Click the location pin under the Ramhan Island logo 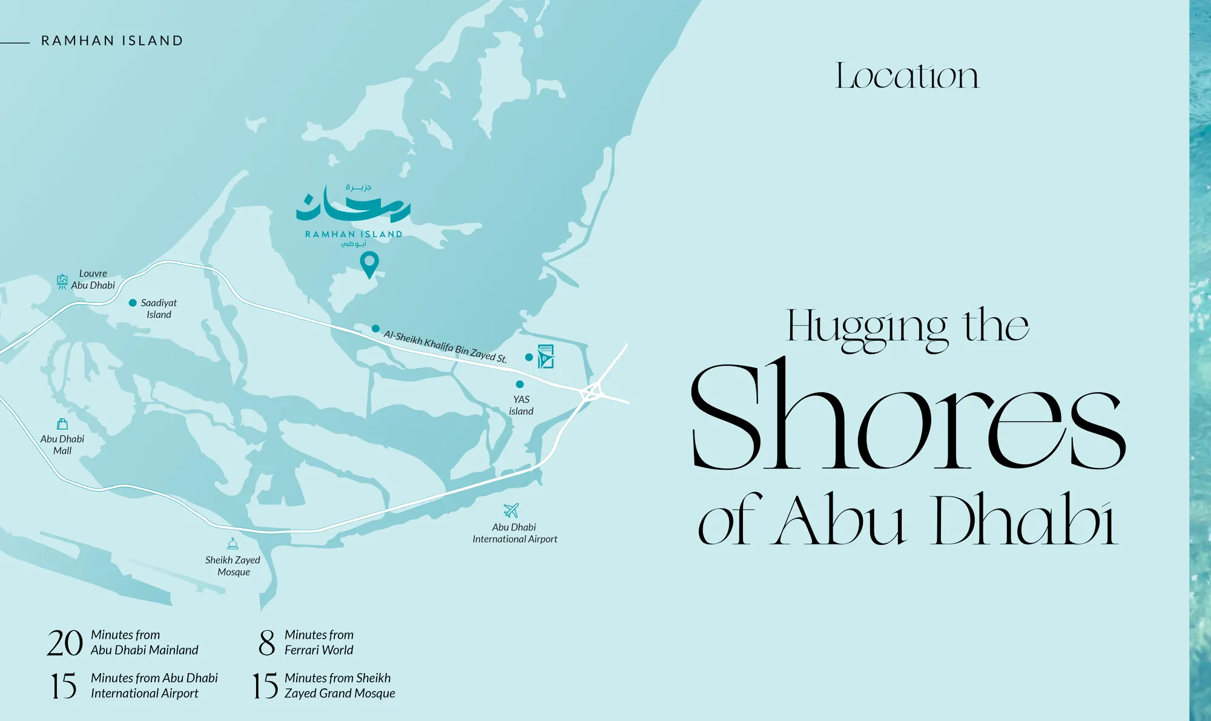click(369, 264)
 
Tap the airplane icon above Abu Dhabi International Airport click(511, 510)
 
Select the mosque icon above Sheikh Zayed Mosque click(233, 543)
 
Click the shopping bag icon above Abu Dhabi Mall click(62, 424)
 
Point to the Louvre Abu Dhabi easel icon click(62, 281)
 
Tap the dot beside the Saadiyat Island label click(133, 303)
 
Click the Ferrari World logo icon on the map click(546, 357)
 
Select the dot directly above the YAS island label click(520, 384)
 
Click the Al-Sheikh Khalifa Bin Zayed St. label click(445, 346)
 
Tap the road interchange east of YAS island click(593, 392)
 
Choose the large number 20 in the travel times click(65, 643)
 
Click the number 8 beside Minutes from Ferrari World click(266, 643)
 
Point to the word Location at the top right click(906, 76)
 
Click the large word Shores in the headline click(907, 418)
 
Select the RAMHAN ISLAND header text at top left click(112, 41)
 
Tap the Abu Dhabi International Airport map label click(515, 533)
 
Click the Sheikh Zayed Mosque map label click(233, 566)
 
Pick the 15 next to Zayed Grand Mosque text click(265, 686)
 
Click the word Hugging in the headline click(866, 328)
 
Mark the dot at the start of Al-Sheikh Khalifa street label click(375, 329)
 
